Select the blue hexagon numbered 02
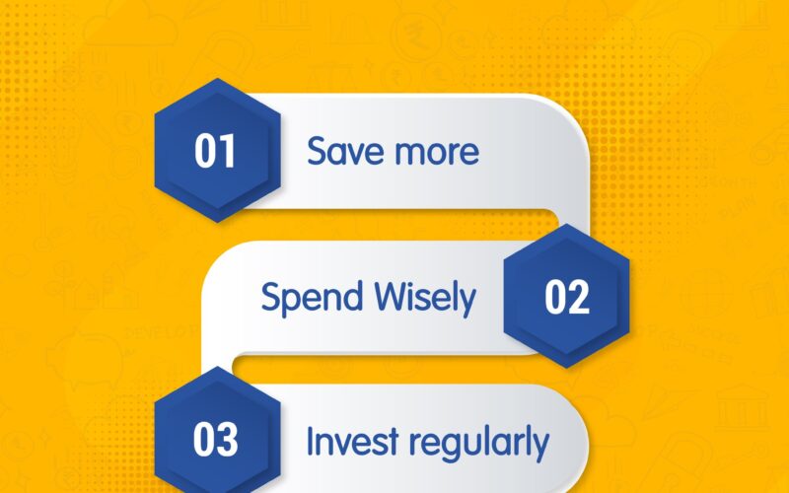566,296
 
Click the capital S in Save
318,151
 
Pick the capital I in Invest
311,441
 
